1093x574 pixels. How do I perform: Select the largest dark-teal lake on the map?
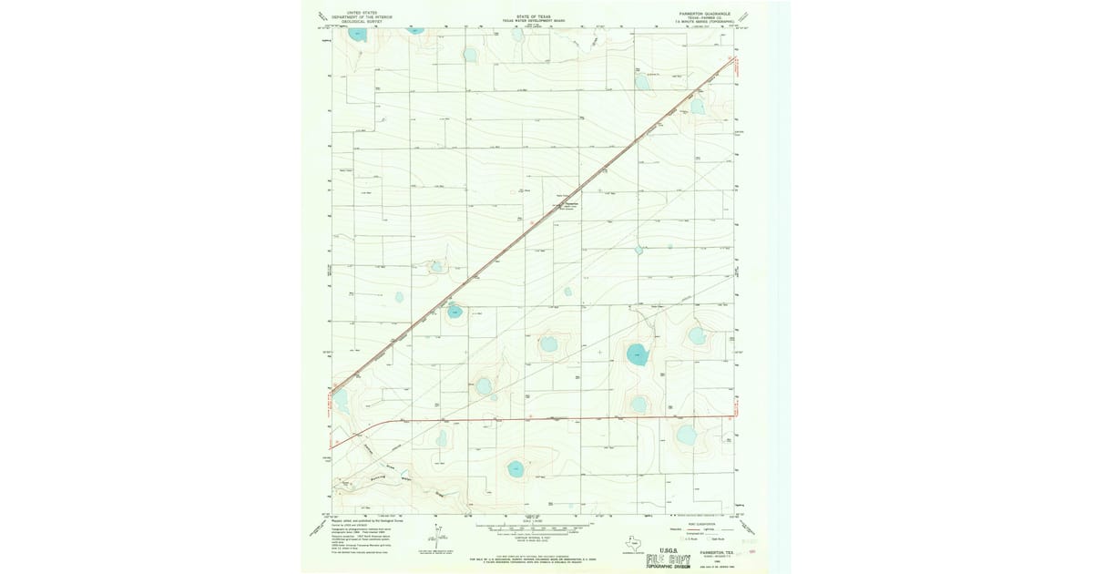(x=638, y=354)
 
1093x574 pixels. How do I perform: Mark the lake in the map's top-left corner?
(x=358, y=35)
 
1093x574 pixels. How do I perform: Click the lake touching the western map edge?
(x=340, y=397)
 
